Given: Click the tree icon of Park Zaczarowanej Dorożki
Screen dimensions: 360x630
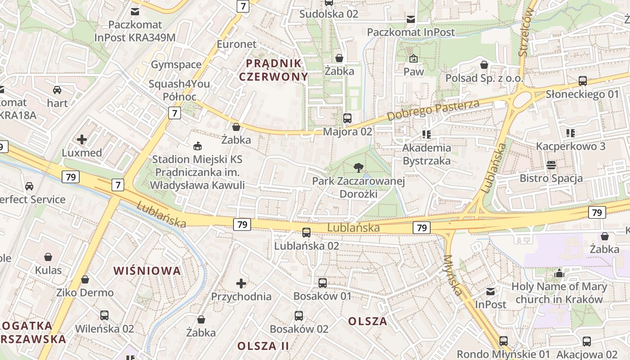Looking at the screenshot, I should (x=359, y=168).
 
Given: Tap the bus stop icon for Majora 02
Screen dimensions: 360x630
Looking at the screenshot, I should (x=347, y=118).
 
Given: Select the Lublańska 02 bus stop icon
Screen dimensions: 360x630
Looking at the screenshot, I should (x=306, y=233).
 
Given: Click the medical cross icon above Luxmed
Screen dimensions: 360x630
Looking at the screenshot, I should (x=82, y=139).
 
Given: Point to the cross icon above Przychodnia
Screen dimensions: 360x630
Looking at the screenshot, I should (x=241, y=283).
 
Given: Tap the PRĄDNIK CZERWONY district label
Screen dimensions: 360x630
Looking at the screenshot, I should (x=274, y=69).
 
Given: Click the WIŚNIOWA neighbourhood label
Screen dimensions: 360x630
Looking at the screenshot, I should (x=147, y=271).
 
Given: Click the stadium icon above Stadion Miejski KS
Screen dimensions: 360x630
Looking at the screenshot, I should (x=197, y=146).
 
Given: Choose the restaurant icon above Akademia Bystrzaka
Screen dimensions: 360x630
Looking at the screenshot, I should (x=427, y=134).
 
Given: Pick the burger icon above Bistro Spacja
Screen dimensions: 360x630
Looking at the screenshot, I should (x=551, y=165).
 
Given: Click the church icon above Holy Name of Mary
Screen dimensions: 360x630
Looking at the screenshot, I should (x=559, y=273).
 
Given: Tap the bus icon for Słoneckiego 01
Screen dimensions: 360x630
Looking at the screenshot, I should (x=583, y=81).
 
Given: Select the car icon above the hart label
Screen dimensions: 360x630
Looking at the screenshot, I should (x=57, y=90).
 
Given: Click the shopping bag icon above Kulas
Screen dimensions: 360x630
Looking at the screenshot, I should (x=48, y=257).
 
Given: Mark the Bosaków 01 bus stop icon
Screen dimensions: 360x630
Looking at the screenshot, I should (x=323, y=283).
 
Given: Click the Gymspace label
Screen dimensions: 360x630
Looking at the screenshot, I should (x=176, y=64).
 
